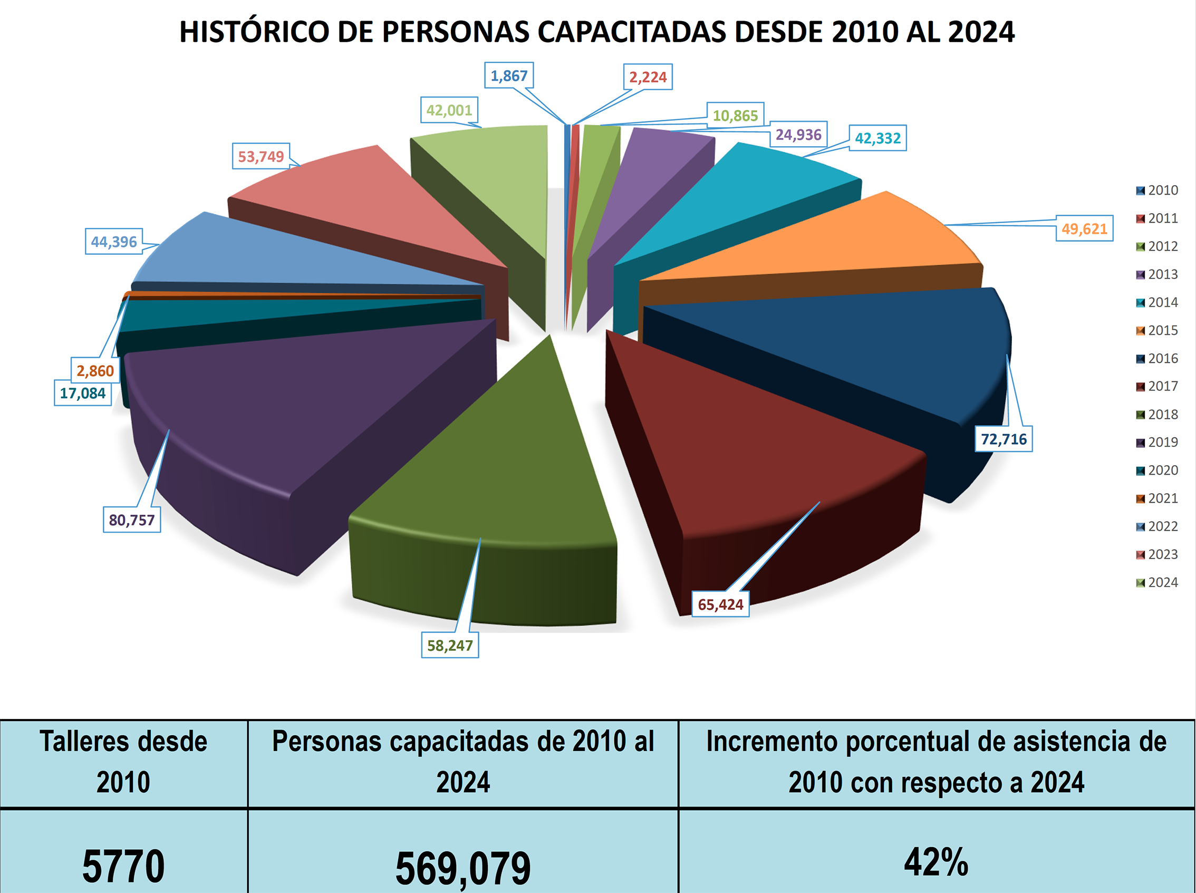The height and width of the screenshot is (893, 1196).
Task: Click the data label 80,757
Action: tap(132, 520)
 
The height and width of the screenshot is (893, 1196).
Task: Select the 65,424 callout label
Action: tap(720, 604)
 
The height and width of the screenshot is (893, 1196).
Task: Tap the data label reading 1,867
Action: tap(508, 75)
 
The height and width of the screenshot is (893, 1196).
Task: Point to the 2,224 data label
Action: tap(648, 78)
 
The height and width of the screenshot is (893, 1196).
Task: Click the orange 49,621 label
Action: tap(1084, 228)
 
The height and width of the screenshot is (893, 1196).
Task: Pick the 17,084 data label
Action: tap(83, 393)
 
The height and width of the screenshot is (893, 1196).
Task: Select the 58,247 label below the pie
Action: tap(450, 646)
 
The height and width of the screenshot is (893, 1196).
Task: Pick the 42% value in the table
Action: tap(935, 862)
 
